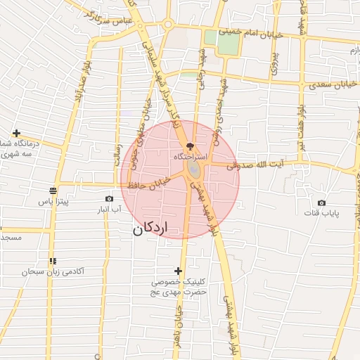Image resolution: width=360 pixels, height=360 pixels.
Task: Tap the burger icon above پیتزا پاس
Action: coord(53,191)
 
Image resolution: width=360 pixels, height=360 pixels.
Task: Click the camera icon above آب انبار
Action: coord(108,199)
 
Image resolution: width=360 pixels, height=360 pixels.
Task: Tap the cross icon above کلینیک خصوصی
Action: coord(178,271)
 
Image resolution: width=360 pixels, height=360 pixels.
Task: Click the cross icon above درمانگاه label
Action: coord(16,133)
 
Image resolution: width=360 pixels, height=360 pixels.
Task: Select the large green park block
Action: coord(227,43)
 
